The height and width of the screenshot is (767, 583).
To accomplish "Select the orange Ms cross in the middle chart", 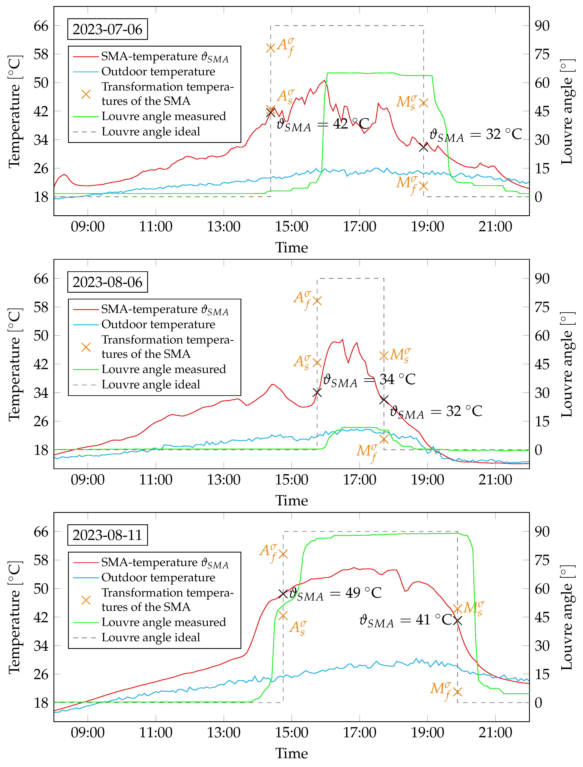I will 384,356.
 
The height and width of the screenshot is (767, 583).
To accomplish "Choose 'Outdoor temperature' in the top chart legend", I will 158,71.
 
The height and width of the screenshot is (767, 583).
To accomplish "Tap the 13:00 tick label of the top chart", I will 224,227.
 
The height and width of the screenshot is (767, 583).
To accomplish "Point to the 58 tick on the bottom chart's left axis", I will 41,560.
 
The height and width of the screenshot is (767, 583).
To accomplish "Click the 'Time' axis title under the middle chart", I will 291,500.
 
